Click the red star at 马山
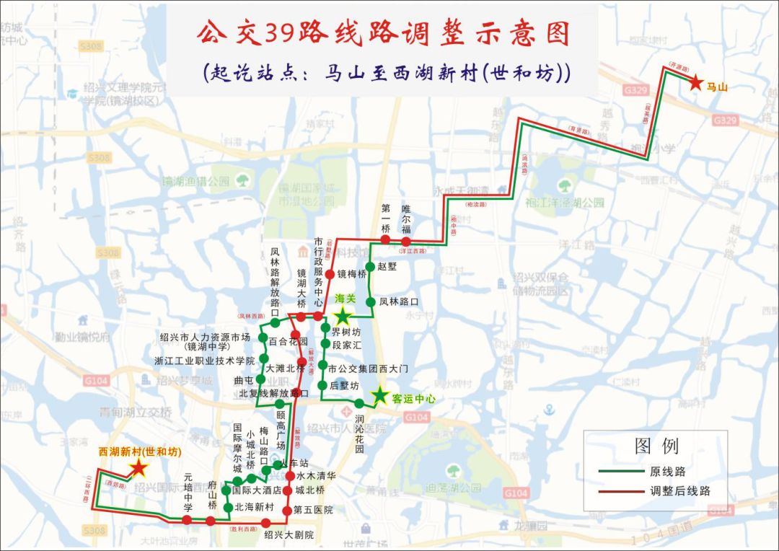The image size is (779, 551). (695, 83)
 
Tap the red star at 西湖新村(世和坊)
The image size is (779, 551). (138, 470)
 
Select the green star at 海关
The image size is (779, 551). (343, 315)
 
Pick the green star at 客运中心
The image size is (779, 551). (379, 395)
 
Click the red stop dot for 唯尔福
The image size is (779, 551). (406, 241)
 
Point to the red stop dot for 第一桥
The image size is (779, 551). (385, 239)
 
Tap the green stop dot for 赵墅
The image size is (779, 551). (369, 266)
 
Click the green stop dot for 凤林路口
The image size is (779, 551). (369, 301)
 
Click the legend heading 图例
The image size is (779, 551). (656, 446)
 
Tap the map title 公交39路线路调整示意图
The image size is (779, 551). (383, 33)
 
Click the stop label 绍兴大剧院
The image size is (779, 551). (289, 535)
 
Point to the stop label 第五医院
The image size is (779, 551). (313, 510)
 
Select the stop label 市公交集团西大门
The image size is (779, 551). (368, 369)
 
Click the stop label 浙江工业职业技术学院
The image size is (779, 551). (204, 360)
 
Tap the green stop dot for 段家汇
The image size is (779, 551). (325, 345)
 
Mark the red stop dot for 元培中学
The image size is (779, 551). (188, 520)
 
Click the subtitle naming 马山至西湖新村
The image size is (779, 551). (387, 73)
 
